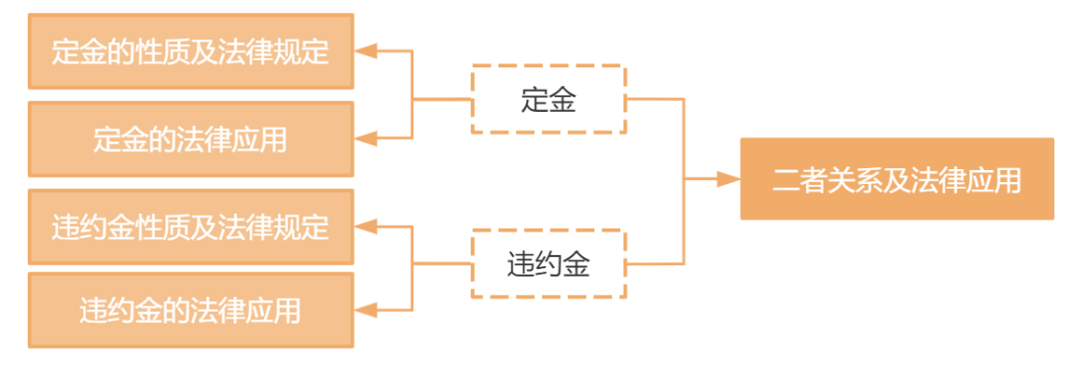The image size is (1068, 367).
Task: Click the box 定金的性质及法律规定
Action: [x=191, y=51]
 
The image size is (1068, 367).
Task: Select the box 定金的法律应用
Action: [x=191, y=139]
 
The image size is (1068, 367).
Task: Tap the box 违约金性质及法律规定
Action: [x=191, y=228]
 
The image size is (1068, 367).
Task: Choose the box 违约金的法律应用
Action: [x=191, y=312]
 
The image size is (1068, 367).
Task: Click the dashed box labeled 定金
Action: [x=548, y=99]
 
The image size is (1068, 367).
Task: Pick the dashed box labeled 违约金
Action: [x=548, y=264]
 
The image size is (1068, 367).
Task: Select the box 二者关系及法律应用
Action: [x=897, y=179]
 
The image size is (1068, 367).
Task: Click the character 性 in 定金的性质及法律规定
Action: [x=148, y=51]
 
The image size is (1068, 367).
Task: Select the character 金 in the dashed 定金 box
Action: [x=562, y=99]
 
